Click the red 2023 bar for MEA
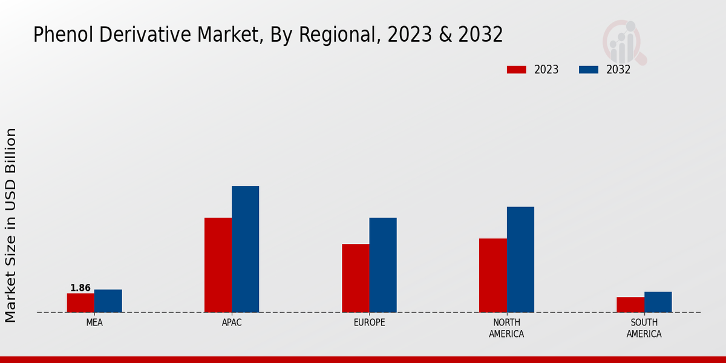[x=80, y=302]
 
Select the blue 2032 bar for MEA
[x=108, y=301]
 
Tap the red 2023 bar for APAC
[x=218, y=265]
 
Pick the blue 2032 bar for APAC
[x=245, y=249]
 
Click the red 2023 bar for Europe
[x=355, y=278]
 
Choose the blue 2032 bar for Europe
[x=383, y=265]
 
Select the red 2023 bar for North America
[x=492, y=275]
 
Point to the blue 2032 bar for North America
[x=520, y=260]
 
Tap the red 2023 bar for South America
[x=630, y=304]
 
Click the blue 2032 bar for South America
[x=658, y=302]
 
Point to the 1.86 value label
[x=80, y=288]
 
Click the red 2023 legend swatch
[x=516, y=70]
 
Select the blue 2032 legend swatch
[x=588, y=70]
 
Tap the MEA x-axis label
[x=94, y=322]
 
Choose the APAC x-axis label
[x=232, y=322]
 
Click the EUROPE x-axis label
[x=369, y=322]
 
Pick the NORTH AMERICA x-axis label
[x=506, y=328]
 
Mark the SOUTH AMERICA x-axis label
[x=644, y=328]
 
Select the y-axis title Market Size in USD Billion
[x=11, y=224]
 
